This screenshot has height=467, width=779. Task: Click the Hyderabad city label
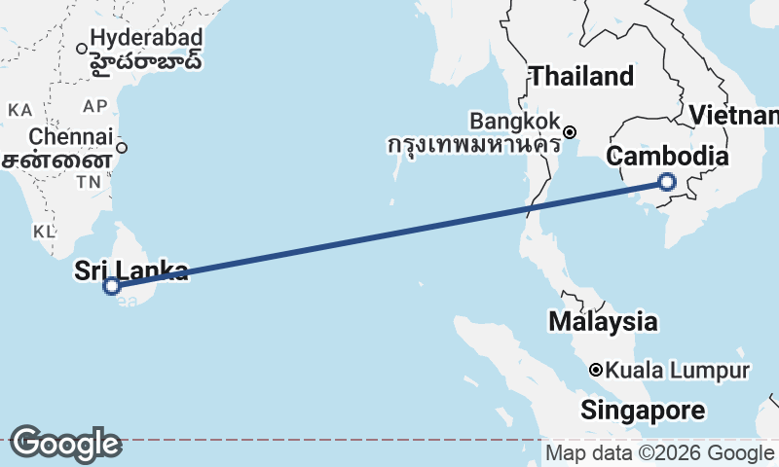pos(145,39)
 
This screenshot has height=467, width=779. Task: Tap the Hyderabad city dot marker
pos(82,48)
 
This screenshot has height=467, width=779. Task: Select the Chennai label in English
pos(71,136)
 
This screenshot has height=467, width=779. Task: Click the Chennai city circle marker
pos(122,148)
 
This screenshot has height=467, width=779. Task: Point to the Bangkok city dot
pos(571,132)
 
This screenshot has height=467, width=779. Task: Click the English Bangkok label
pos(514,122)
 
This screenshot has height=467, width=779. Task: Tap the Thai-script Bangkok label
pos(473,145)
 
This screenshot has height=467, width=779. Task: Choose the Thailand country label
pos(581,76)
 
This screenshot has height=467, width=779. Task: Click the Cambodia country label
pos(667,157)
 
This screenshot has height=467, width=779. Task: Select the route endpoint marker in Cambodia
pos(667,181)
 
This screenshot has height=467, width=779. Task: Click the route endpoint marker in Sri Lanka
pos(112,285)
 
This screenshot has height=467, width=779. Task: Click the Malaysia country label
pos(602,320)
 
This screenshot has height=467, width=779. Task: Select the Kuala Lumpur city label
pos(678,371)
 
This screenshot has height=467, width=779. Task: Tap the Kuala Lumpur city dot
pos(596,370)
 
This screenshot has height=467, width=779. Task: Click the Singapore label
pos(643,411)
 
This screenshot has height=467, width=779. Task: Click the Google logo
pos(65,444)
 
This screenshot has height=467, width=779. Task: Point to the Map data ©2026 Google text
pos(659,453)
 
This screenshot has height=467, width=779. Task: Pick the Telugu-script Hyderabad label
pos(146,61)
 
